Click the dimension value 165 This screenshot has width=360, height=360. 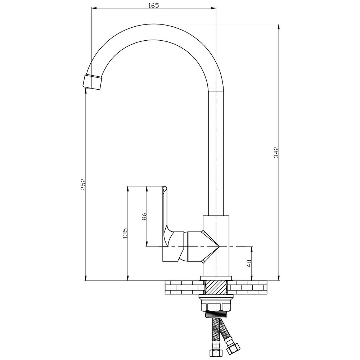pos(153,5)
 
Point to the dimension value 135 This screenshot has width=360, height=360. pos(125,233)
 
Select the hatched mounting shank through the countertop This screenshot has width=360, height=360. pos(216,288)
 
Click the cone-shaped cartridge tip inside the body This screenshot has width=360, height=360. pos(211,247)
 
